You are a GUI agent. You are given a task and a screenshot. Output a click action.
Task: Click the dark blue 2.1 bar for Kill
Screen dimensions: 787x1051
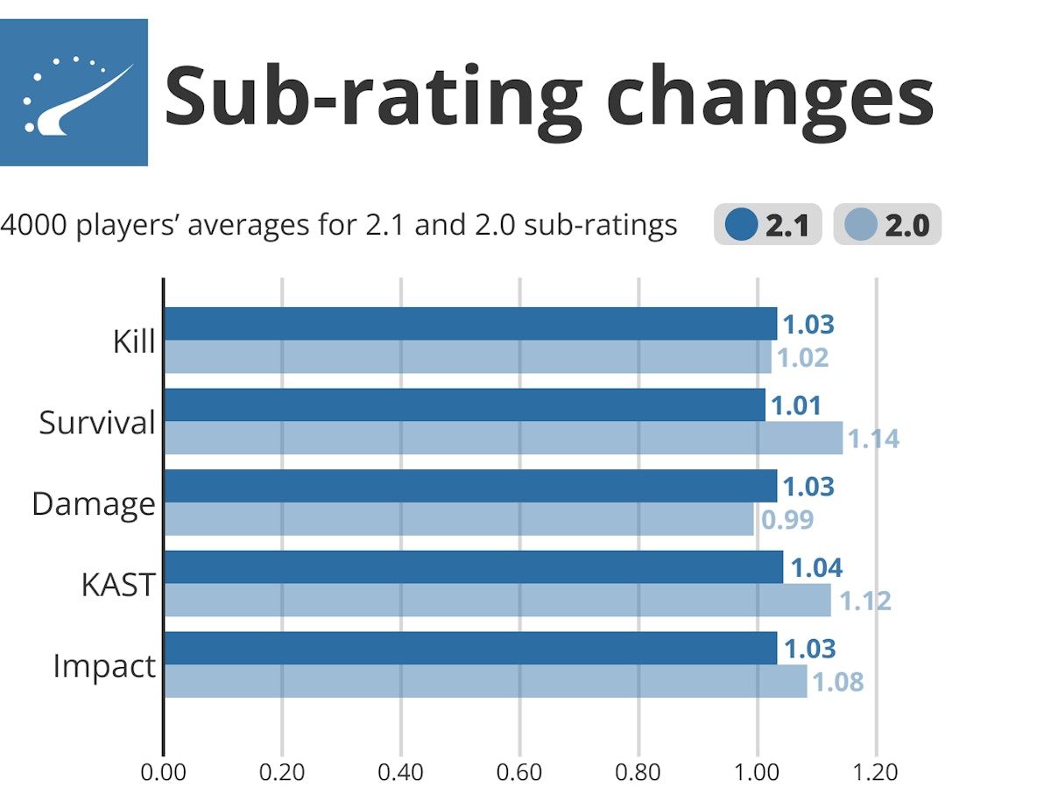click(470, 324)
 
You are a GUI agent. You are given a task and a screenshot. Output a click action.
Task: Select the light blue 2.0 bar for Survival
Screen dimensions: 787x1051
click(504, 438)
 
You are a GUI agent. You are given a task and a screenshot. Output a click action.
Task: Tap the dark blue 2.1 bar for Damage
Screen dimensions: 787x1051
click(470, 486)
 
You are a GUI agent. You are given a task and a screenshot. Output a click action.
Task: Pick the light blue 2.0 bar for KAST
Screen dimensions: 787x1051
click(497, 601)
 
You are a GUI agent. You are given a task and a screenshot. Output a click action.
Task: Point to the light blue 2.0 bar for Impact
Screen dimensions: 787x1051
click(485, 681)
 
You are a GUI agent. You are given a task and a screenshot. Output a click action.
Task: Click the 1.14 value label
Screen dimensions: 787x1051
click(873, 439)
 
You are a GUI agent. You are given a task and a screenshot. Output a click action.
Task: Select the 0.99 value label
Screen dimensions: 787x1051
click(786, 520)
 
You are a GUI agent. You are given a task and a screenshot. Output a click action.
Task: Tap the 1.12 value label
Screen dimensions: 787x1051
click(864, 601)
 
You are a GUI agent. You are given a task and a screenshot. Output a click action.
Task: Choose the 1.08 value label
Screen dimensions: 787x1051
click(838, 682)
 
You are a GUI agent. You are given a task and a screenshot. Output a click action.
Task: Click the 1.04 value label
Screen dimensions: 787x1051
click(816, 568)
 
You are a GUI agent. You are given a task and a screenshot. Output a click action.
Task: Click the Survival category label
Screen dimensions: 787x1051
click(96, 424)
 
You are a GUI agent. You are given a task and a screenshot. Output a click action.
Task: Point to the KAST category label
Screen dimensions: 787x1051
click(118, 586)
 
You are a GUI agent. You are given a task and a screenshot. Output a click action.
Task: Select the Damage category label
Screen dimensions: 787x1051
click(93, 504)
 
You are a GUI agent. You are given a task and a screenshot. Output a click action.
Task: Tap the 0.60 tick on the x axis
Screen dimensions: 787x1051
click(519, 772)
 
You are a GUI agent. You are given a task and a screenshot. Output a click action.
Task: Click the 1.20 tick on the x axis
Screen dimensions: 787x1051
click(876, 772)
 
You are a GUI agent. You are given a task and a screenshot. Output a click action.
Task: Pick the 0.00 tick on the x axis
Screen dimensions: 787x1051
click(164, 772)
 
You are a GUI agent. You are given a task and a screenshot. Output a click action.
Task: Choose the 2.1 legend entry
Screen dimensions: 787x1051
click(767, 226)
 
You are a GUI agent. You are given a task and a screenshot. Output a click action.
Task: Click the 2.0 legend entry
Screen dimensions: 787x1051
click(886, 226)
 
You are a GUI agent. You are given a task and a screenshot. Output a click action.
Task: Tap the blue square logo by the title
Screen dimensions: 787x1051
click(74, 92)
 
